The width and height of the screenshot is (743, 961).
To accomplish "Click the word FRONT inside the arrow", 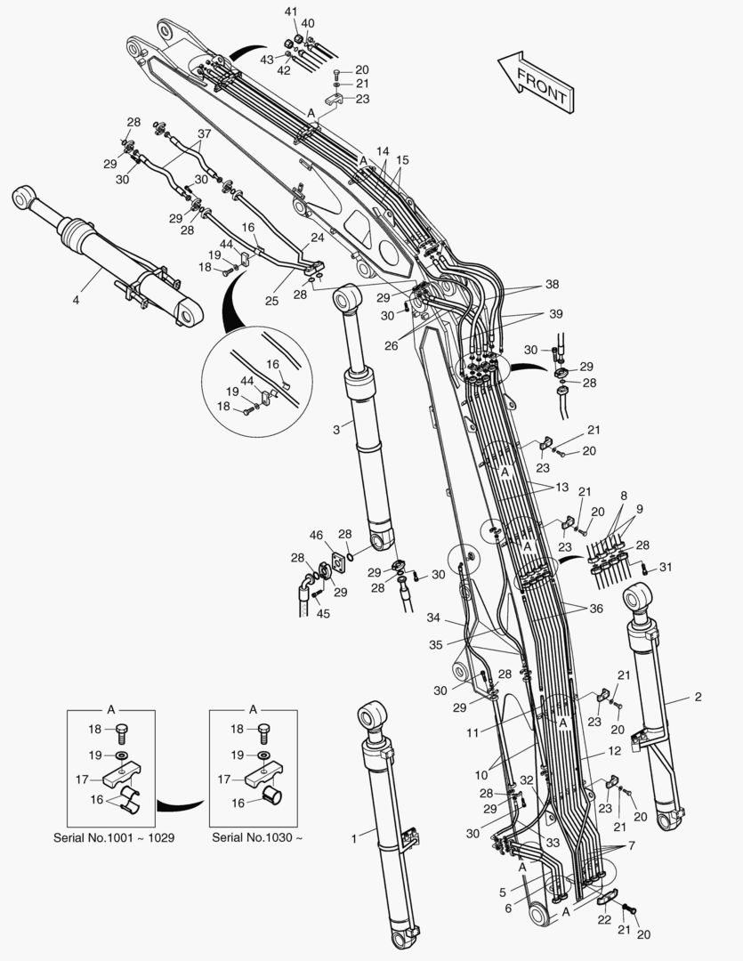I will click(541, 83).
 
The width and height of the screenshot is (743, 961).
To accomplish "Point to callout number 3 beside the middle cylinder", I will click(335, 430).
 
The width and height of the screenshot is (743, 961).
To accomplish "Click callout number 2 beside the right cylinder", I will click(697, 697).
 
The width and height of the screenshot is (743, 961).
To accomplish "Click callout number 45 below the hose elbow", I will click(323, 613).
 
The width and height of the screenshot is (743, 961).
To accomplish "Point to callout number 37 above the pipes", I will click(204, 134).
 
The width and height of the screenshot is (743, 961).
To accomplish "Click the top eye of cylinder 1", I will click(373, 715).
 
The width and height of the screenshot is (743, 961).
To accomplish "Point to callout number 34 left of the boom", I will click(433, 618).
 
